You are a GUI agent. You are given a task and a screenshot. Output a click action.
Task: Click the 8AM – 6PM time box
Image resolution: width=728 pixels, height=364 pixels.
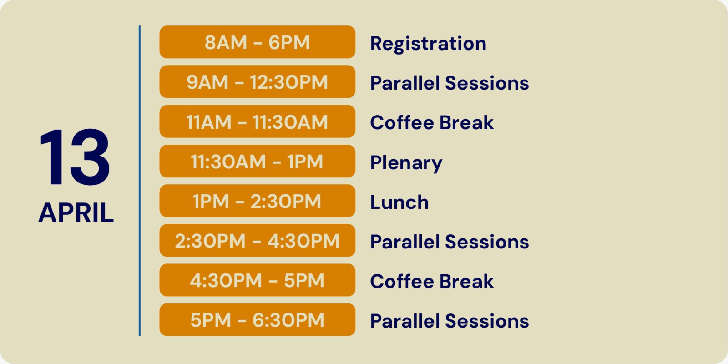(x=257, y=42)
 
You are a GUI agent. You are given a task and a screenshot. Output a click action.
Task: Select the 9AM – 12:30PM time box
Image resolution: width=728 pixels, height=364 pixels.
(x=257, y=81)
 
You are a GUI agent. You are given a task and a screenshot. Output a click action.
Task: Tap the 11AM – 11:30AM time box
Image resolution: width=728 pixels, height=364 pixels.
(x=257, y=121)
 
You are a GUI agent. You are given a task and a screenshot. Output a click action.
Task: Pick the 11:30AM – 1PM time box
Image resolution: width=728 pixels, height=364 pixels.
(x=257, y=161)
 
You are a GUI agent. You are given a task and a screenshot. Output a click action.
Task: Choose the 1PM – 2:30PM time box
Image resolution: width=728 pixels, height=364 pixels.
(x=257, y=201)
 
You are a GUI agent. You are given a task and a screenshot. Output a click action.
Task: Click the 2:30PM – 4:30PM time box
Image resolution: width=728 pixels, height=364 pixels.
(x=257, y=240)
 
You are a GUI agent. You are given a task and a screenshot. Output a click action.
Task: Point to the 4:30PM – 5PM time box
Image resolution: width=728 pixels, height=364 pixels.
(x=257, y=280)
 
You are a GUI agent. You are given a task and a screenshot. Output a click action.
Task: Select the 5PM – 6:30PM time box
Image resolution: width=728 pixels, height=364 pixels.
(x=257, y=319)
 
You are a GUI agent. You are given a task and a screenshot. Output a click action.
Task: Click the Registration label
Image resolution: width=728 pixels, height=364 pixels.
(x=428, y=44)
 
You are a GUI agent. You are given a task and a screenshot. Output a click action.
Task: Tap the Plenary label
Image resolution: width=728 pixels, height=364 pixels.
(x=406, y=163)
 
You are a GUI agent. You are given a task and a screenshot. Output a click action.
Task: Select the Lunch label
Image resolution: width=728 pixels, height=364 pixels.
(x=399, y=202)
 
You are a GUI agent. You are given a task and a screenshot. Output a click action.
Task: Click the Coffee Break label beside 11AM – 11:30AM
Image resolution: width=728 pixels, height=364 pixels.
(x=432, y=122)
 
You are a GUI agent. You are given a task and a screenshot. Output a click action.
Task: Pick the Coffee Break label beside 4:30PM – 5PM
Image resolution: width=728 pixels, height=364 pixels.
(x=432, y=281)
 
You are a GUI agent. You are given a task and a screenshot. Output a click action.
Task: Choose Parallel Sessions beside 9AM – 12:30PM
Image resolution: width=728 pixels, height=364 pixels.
(x=450, y=83)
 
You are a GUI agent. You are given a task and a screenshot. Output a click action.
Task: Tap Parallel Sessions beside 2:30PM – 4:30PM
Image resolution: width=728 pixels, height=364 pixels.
(x=450, y=242)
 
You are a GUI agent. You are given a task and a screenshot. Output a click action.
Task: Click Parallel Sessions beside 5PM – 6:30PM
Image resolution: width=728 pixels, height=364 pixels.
(x=450, y=321)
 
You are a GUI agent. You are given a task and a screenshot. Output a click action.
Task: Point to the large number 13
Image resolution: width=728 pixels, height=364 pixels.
(x=75, y=157)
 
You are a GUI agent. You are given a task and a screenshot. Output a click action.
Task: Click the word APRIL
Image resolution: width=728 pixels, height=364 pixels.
(x=76, y=213)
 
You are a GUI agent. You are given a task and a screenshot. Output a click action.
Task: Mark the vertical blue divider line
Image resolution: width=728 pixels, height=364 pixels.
(x=139, y=181)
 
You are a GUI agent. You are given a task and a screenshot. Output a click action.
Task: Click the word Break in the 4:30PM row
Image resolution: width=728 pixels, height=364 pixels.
(x=466, y=281)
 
